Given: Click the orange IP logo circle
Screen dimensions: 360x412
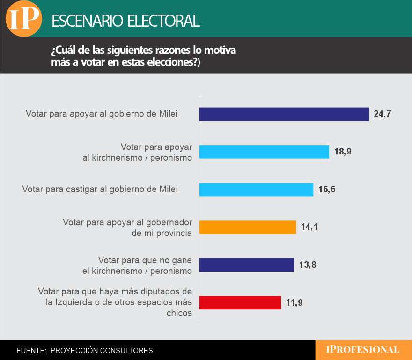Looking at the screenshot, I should click(23, 19).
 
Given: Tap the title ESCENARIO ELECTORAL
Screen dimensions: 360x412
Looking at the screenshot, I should click(125, 21).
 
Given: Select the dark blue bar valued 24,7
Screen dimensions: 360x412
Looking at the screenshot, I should click(284, 114).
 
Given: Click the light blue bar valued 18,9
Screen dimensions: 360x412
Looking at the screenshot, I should click(264, 152).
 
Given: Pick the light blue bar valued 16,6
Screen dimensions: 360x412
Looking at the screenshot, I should click(256, 190).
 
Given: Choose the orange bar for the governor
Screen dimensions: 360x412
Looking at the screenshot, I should click(248, 227).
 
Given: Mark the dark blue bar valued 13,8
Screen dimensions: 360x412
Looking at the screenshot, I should click(247, 265).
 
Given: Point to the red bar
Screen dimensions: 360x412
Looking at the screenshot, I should click(240, 302).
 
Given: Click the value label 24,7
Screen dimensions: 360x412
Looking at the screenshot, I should click(382, 114).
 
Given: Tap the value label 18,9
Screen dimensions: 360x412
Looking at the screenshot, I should click(342, 152).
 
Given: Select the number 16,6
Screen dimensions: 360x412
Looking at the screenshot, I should click(326, 190).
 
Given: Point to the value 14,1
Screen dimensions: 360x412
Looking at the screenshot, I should click(309, 227).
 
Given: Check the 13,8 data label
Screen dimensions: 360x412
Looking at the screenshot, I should click(307, 265).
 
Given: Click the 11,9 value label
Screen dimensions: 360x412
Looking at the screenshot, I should click(294, 302).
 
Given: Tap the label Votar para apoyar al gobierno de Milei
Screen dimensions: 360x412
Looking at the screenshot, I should click(102, 114).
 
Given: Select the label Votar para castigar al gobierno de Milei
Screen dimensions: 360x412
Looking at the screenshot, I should click(100, 189).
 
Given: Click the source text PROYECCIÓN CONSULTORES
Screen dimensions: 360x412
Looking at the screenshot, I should click(102, 350).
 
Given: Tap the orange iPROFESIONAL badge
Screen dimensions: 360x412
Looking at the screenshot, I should click(363, 350).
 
